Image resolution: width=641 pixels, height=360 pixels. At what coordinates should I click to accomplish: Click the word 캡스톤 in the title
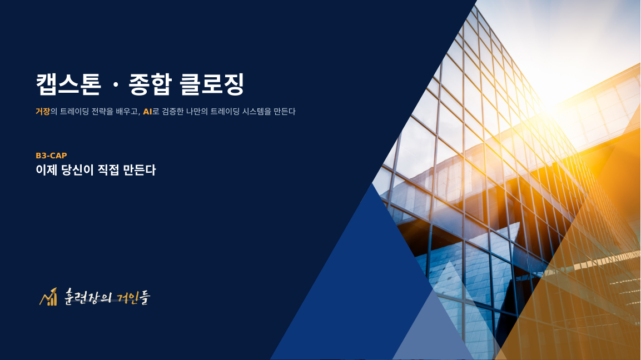[68, 84]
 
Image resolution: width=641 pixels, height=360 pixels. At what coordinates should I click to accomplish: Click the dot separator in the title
[115, 85]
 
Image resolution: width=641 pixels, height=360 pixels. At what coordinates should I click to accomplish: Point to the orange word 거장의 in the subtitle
[47, 111]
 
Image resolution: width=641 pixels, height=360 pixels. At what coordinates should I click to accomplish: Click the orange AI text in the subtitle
[147, 112]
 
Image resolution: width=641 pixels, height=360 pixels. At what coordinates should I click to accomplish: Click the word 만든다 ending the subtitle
[285, 111]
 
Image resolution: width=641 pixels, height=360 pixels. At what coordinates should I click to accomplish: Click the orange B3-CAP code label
[51, 156]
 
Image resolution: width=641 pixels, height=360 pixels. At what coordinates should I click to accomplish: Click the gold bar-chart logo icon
[48, 297]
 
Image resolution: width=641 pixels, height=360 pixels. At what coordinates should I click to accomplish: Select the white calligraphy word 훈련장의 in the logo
[88, 297]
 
